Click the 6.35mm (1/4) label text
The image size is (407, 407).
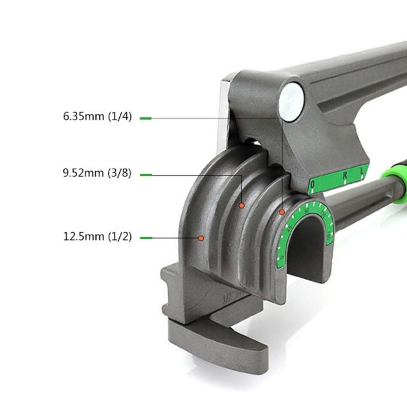pos(97,117)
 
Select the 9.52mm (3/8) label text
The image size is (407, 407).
pos(97,174)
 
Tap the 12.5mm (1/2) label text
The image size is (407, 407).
pos(97,237)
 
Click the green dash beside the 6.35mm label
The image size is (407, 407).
pos(145,118)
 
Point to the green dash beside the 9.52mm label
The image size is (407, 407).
pos(146,174)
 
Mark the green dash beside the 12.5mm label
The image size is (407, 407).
pos(146,238)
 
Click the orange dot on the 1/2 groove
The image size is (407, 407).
pos(201,238)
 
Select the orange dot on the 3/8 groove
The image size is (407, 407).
pos(241,205)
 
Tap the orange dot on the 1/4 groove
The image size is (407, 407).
pos(282,212)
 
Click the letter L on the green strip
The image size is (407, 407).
pos(362,172)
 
